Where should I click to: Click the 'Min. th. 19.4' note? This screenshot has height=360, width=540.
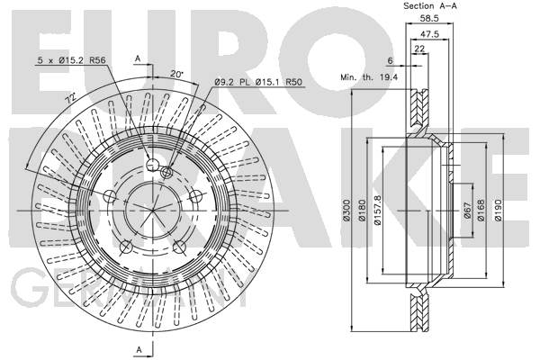[369, 78]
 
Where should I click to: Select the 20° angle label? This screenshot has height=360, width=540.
[176, 73]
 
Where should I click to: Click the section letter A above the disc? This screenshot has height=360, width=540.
[138, 58]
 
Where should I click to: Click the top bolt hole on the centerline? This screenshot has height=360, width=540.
[152, 163]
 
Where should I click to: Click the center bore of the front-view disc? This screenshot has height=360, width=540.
[152, 210]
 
